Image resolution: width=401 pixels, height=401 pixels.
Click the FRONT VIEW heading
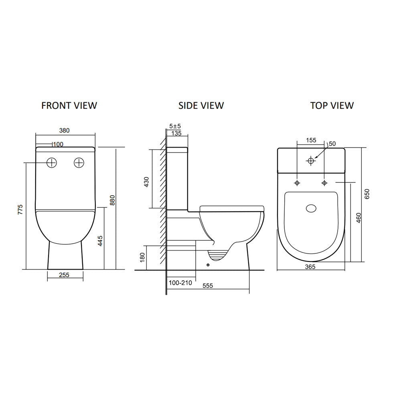(69, 105)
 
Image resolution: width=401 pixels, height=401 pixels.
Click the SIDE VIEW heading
(201, 105)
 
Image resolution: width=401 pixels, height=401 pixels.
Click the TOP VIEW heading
(332, 105)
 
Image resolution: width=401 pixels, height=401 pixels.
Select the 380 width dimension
(65, 130)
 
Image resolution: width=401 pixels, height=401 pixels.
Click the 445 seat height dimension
(101, 241)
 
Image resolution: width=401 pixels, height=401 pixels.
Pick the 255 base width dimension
(65, 275)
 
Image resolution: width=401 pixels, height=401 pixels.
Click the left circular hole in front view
(52, 163)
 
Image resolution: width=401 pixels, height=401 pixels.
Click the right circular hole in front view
(79, 163)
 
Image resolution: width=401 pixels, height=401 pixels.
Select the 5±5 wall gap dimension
(175, 126)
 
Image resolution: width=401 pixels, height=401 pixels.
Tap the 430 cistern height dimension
(146, 182)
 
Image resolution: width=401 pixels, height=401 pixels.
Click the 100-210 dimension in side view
(180, 283)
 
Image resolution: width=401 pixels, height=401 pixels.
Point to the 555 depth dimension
(207, 286)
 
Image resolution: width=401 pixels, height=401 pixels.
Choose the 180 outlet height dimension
(141, 257)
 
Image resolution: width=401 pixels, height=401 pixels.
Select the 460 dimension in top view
(359, 218)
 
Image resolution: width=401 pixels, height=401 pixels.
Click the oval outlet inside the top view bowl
(311, 209)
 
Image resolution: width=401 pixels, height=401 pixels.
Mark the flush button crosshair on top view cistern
(310, 160)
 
